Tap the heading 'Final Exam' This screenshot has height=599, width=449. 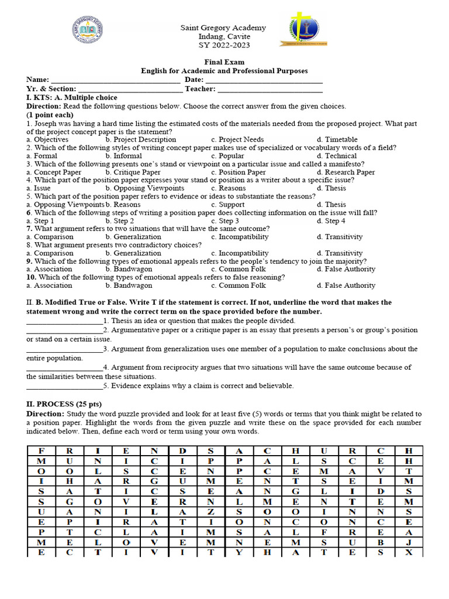click(224, 62)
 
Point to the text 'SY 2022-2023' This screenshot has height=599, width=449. click(223, 46)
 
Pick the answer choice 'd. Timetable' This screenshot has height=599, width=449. click(337, 140)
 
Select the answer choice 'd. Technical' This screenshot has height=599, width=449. click(337, 156)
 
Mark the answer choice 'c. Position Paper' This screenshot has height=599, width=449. click(239, 173)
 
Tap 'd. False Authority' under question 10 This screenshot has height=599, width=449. click(346, 285)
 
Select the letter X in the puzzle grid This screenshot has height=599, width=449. click(409, 552)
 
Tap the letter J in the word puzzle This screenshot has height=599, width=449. click(409, 542)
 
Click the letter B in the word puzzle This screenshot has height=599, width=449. click(381, 542)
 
